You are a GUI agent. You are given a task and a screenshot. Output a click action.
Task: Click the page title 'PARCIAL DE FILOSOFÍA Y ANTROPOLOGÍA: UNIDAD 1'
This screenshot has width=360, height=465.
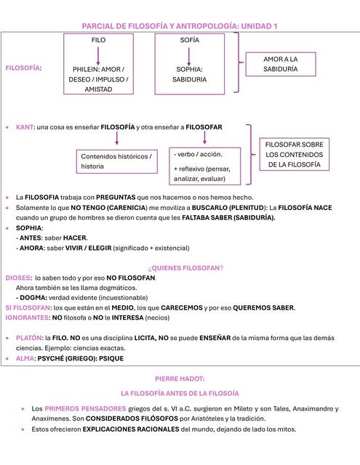(x=180, y=26)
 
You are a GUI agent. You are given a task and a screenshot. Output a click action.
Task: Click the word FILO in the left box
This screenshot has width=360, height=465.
(x=98, y=41)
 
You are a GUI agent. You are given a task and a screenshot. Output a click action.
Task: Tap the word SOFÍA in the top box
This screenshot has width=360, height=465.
(x=189, y=41)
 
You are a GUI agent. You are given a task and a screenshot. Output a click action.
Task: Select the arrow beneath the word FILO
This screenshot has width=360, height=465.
(x=98, y=55)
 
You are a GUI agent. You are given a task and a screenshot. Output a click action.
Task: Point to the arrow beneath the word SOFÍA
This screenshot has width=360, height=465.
(x=189, y=55)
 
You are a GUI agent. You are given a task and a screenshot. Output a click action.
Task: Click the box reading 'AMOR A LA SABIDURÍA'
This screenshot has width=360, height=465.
(x=280, y=64)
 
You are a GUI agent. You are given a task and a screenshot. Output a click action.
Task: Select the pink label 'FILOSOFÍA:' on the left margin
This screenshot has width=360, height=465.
(x=23, y=68)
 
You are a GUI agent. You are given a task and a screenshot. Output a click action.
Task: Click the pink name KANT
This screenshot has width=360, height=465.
(x=25, y=127)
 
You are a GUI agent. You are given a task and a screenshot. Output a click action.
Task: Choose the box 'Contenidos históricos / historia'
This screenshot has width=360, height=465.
(x=117, y=161)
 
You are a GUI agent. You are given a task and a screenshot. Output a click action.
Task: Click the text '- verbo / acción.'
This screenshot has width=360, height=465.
(x=199, y=154)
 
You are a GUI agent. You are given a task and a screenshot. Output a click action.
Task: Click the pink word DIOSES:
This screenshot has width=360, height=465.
(x=18, y=278)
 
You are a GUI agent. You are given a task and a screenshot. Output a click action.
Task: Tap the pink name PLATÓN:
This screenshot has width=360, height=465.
(x=29, y=338)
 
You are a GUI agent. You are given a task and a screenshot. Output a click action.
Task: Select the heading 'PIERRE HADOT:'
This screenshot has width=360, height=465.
(x=180, y=379)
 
